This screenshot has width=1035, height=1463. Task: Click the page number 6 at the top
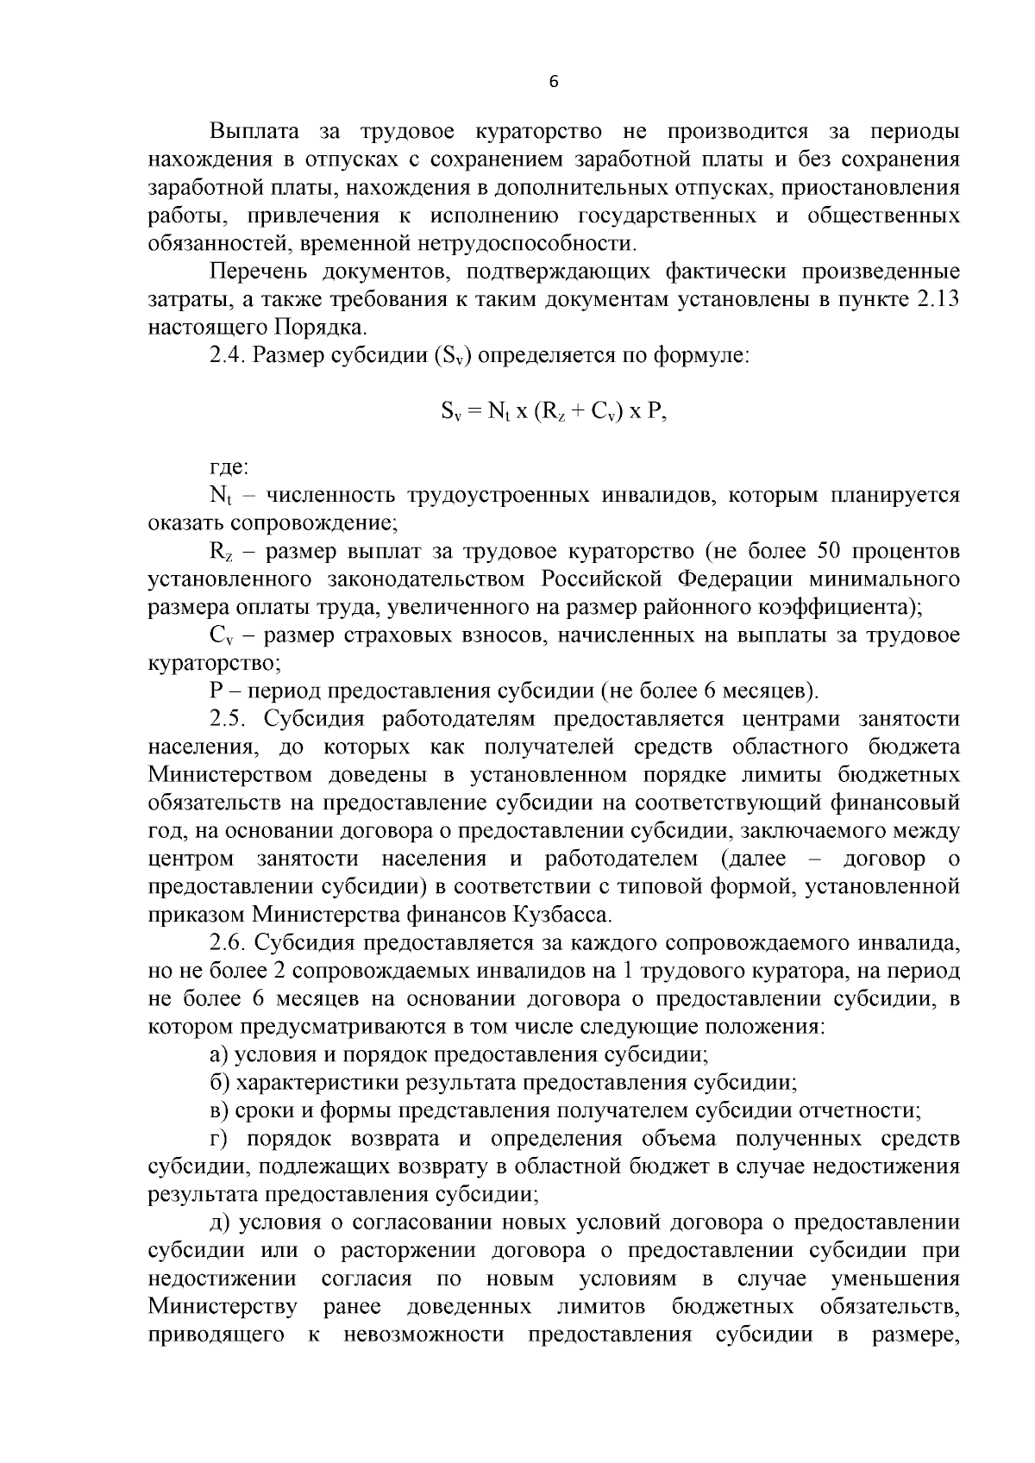554,82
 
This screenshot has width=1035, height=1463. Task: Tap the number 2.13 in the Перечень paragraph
935,300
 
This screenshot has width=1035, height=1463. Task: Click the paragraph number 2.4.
228,356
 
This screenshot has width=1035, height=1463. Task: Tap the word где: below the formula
229,468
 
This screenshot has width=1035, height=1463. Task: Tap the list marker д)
220,1222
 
